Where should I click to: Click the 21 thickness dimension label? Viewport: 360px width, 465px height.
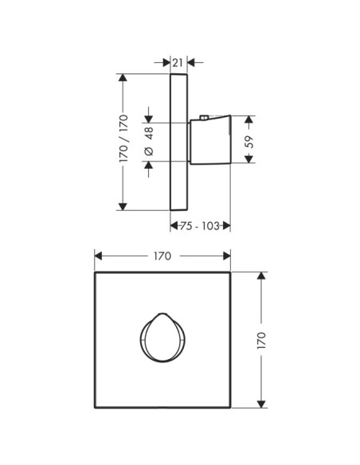pyautogui.click(x=178, y=63)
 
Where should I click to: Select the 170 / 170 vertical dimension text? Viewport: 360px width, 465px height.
pyautogui.click(x=123, y=139)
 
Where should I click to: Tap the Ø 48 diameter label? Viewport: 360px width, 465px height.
pyautogui.click(x=149, y=141)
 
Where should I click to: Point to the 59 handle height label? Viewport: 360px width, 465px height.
pyautogui.click(x=249, y=142)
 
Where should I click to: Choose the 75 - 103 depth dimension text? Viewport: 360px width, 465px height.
pyautogui.click(x=200, y=226)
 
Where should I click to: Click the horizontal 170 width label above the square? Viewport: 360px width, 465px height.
pyautogui.click(x=162, y=256)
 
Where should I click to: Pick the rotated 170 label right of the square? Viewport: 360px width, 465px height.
pyautogui.click(x=261, y=340)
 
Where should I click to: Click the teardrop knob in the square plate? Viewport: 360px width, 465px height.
pyautogui.click(x=162, y=338)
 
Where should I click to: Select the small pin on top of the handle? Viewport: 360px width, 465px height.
pyautogui.click(x=204, y=117)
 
